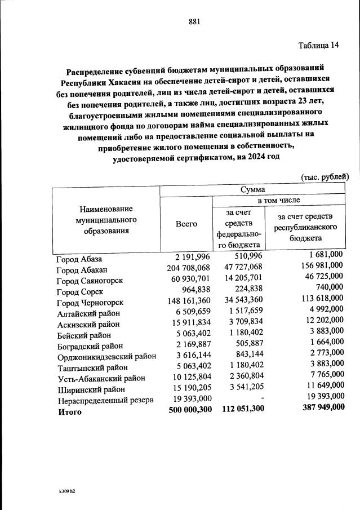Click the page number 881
194,22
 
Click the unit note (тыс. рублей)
325,177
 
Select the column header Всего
186,224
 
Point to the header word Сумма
252,190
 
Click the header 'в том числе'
279,200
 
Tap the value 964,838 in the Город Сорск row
194,291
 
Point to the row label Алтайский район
89,313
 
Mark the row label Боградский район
90,345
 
